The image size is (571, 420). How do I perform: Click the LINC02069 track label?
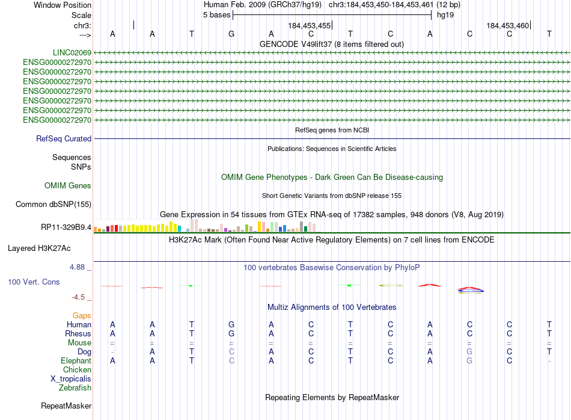72,53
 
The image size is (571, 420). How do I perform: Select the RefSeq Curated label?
64,138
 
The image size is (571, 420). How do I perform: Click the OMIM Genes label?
68,186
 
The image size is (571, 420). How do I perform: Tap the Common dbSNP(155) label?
53,204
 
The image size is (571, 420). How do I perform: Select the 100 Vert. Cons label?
34,282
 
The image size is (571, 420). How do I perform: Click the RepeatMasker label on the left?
66,406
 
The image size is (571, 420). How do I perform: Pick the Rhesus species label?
78,333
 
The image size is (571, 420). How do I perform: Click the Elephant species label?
76,360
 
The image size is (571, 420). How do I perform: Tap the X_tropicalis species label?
71,378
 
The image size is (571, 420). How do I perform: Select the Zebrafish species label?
75,388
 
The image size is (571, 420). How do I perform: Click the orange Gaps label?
82,315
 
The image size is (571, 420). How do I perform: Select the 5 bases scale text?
216,14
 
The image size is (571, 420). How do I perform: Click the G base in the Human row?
231,324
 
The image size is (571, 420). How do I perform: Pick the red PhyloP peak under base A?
430,284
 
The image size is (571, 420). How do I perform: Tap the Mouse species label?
79,342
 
